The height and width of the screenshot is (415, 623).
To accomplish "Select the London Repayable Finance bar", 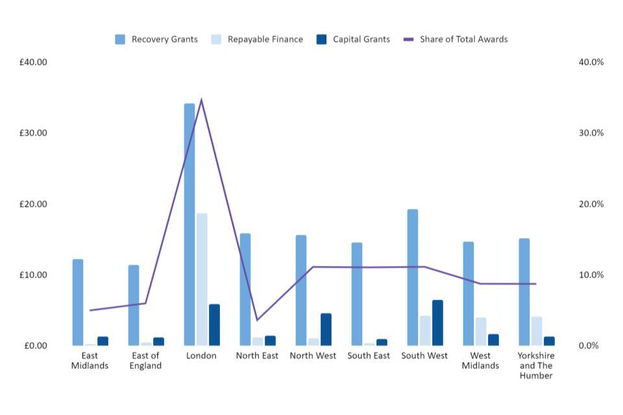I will [202, 279].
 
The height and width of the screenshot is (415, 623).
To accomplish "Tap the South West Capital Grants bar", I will [437, 322].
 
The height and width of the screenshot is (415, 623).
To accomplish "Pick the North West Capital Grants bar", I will [326, 329].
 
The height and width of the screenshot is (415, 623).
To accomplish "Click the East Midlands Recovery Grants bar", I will [78, 302].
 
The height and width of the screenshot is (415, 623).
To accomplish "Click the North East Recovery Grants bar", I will [245, 289].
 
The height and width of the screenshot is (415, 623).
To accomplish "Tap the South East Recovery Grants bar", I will [357, 294].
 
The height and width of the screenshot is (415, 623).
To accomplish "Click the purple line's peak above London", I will [201, 100].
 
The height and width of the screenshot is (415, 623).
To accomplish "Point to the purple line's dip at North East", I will [257, 320].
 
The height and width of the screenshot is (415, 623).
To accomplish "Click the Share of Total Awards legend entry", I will [456, 40].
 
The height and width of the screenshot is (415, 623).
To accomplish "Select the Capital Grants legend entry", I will [354, 40].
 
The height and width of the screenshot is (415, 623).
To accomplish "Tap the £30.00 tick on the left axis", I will [34, 133].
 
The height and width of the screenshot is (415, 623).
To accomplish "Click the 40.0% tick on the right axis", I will [591, 62].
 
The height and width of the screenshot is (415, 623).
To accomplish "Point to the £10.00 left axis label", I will [34, 275].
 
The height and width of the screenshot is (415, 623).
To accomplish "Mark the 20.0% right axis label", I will [591, 204].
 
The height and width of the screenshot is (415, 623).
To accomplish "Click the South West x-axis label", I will [424, 356].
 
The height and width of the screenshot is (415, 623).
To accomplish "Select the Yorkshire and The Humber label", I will [536, 366].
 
